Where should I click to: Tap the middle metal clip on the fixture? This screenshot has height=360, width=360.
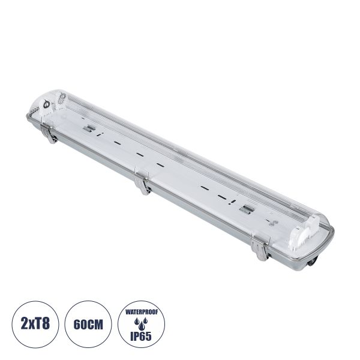tap(142, 185)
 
